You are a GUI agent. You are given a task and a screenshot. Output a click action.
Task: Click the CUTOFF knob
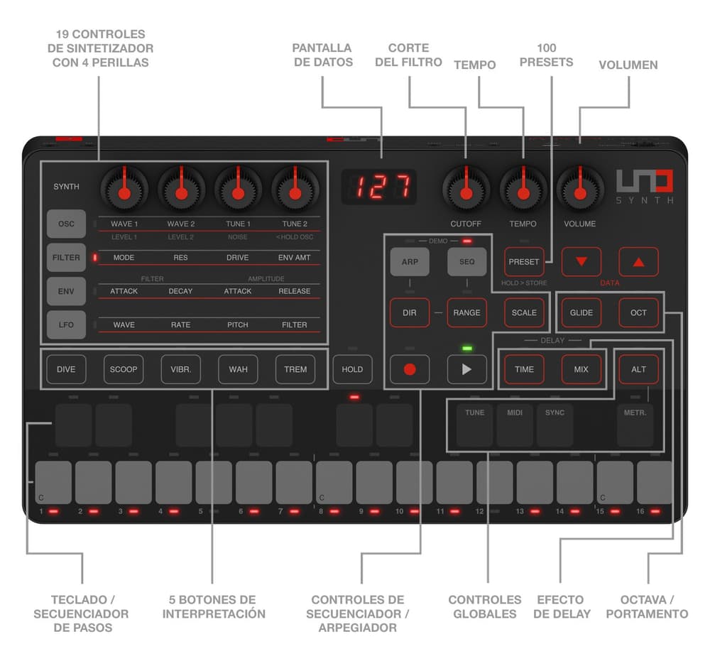point(466,190)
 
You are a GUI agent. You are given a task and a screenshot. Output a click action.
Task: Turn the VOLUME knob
point(580,190)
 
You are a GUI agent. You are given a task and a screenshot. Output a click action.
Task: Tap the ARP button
point(410,262)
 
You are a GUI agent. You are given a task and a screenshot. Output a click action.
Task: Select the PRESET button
point(524,262)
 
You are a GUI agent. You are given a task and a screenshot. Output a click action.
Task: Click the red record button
point(410,369)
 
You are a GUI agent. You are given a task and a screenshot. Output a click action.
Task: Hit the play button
point(466,369)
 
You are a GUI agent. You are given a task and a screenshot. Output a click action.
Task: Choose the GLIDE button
point(581,312)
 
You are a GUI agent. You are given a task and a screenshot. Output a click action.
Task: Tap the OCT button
point(638,312)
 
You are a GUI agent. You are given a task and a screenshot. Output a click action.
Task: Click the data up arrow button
point(638,262)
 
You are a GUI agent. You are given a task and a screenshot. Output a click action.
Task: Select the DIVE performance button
point(66,369)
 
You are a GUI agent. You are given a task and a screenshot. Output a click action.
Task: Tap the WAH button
point(238,369)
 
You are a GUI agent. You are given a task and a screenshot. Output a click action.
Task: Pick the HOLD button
point(352,369)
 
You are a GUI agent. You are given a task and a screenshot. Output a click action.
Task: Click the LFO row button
point(66,324)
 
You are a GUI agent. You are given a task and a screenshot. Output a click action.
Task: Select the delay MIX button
point(581,369)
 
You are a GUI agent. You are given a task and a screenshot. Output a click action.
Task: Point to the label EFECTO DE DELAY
point(562,606)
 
